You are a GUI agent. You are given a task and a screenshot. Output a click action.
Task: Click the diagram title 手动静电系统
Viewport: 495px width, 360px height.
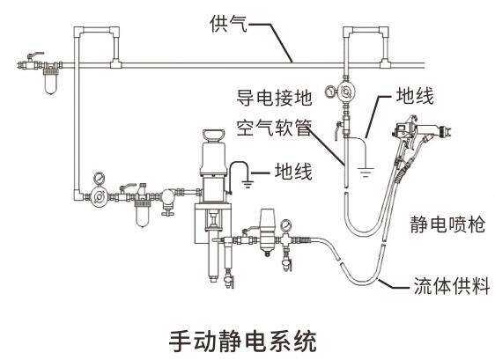coord(247,339)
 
